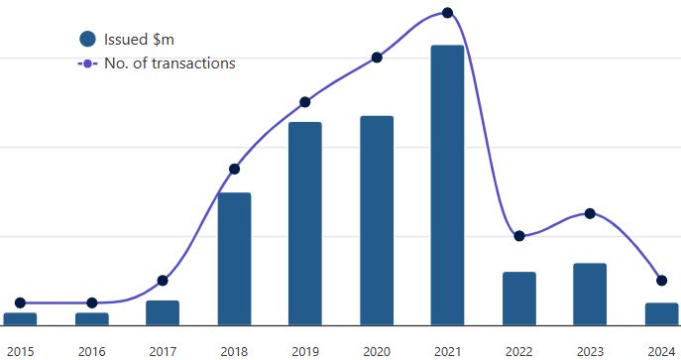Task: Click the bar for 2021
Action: tap(447, 184)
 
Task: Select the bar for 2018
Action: tap(234, 258)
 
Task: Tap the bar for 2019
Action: tap(305, 223)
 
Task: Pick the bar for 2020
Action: tap(377, 220)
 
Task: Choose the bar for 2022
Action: tap(518, 298)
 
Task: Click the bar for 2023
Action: tap(590, 294)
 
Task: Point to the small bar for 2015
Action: tap(20, 318)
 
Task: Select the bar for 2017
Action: tap(163, 312)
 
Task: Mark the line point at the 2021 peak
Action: tap(447, 13)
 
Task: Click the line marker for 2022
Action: tap(518, 236)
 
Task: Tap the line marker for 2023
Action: tap(590, 213)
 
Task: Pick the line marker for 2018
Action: tap(234, 169)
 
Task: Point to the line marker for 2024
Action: tap(661, 281)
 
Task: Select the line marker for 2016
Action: tap(91, 302)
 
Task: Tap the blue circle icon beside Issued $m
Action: tap(87, 39)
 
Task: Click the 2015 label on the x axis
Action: tap(20, 350)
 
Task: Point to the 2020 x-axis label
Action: tap(377, 350)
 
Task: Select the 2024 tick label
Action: tap(661, 350)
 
